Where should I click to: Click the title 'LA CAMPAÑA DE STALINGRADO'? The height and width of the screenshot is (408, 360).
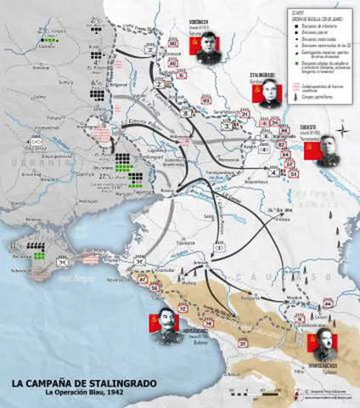click(83, 383)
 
